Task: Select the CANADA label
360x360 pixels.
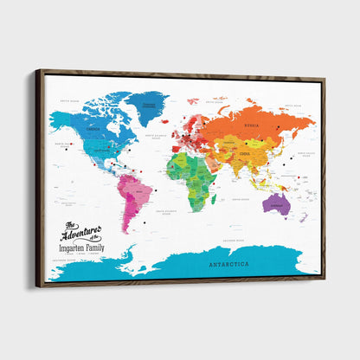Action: click(x=92, y=131)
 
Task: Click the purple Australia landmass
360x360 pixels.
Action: click(x=276, y=204)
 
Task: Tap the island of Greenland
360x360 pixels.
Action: click(x=148, y=107)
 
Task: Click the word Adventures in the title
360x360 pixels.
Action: click(x=81, y=231)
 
